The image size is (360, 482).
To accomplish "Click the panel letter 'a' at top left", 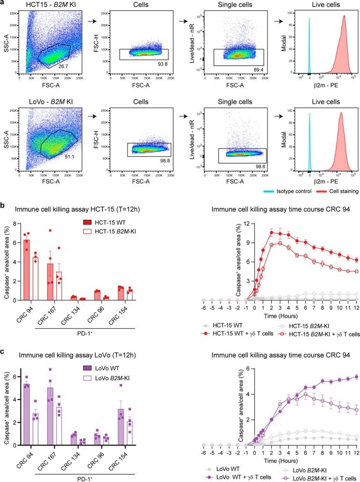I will [4, 4].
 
